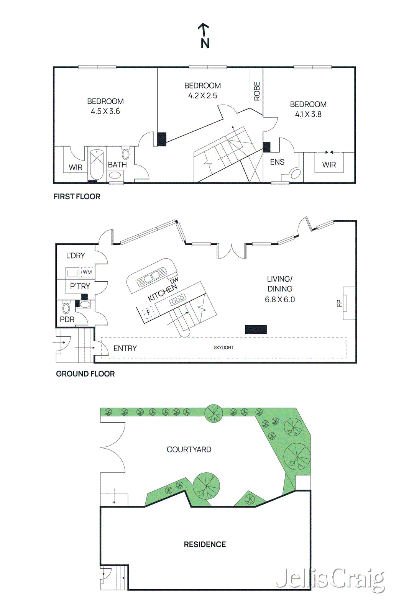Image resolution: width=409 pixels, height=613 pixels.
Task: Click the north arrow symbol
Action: tap(204, 36)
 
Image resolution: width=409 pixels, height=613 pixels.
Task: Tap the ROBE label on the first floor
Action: tap(257, 91)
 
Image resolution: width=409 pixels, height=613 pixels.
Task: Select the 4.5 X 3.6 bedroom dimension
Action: tap(105, 111)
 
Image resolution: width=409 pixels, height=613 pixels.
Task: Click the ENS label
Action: tap(277, 162)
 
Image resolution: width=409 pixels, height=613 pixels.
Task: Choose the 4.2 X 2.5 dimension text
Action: tap(202, 96)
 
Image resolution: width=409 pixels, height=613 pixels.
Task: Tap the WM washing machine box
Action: tap(87, 272)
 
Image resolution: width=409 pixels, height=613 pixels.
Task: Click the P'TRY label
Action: tap(80, 286)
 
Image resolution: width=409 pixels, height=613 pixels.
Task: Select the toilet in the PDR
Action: tap(66, 307)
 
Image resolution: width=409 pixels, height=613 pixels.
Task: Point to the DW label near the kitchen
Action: tap(174, 281)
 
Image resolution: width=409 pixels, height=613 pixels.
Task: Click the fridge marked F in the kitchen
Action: tap(149, 312)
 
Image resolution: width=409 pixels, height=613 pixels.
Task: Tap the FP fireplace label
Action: tap(339, 303)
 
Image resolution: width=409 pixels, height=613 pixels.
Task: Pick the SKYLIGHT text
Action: tap(223, 347)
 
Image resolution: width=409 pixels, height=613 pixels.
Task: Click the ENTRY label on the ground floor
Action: tap(125, 348)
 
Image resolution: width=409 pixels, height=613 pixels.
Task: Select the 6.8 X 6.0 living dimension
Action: tap(280, 300)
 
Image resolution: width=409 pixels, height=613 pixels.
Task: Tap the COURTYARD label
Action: tap(189, 449)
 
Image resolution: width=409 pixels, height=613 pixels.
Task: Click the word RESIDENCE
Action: tap(205, 544)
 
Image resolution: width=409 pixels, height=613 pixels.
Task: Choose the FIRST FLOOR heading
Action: tap(77, 197)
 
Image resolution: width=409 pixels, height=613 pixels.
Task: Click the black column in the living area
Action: tap(256, 329)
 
